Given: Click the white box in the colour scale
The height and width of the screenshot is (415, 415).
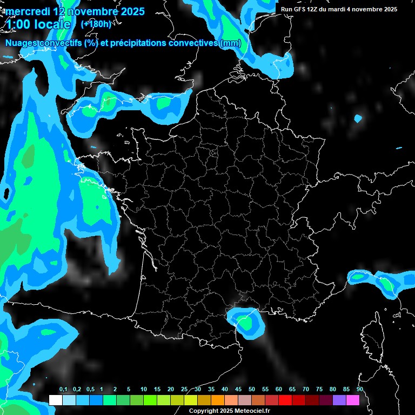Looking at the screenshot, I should click(x=55, y=400).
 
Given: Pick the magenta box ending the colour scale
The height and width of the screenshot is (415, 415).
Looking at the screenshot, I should click(x=352, y=400).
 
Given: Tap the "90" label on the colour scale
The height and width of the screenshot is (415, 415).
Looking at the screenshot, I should click(x=360, y=390).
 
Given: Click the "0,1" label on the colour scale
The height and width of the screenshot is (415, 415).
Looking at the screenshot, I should click(x=63, y=390).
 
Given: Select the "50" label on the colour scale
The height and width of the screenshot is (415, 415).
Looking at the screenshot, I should click(x=252, y=390).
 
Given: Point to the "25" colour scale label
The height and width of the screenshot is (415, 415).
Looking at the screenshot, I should click(x=184, y=390).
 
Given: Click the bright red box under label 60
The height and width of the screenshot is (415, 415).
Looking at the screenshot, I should click(x=285, y=400).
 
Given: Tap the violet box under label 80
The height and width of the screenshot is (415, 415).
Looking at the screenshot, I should click(x=339, y=400).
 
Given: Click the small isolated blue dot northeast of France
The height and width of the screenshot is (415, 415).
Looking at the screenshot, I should click(x=358, y=118).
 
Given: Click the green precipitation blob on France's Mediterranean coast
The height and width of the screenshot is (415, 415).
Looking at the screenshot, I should click(x=244, y=323).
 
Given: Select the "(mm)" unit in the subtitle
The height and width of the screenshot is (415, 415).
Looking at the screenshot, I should click(x=231, y=43).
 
